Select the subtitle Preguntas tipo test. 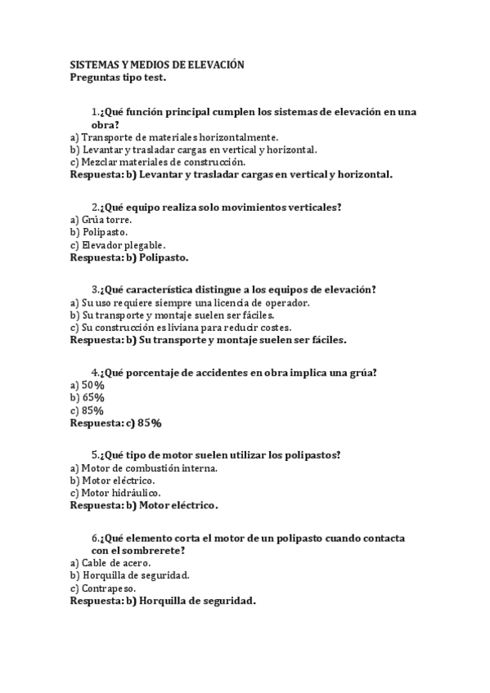[x=117, y=78]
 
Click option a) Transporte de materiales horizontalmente [x=174, y=137]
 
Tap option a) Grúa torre [x=101, y=220]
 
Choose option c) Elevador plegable [x=118, y=244]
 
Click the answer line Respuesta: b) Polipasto [x=128, y=257]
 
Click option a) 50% [x=88, y=385]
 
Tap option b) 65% [x=88, y=397]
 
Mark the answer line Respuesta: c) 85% [x=115, y=423]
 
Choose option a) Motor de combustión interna [x=144, y=468]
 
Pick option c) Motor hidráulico [x=115, y=493]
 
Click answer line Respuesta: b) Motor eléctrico [x=144, y=505]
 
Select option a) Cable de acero [x=110, y=563]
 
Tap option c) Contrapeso [x=103, y=588]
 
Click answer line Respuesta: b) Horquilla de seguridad [x=163, y=601]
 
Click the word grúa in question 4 [x=364, y=373]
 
